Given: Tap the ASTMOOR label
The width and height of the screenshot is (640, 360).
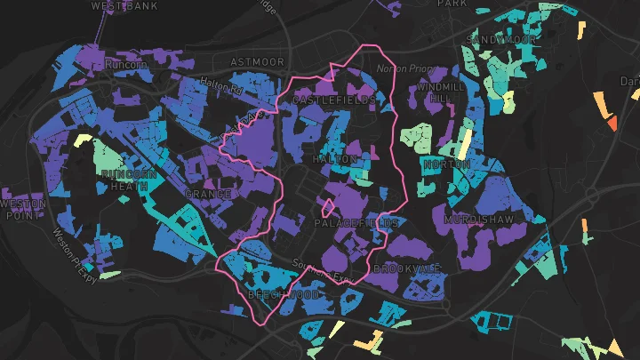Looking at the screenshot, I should click(257, 62).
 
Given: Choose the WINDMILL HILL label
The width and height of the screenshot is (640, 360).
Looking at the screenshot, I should click(441, 92).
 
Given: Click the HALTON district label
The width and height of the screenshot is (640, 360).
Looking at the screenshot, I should click(335, 159).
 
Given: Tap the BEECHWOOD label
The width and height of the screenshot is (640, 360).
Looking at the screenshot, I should click(283, 292).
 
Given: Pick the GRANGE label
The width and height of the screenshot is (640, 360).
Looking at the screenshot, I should click(208, 194).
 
